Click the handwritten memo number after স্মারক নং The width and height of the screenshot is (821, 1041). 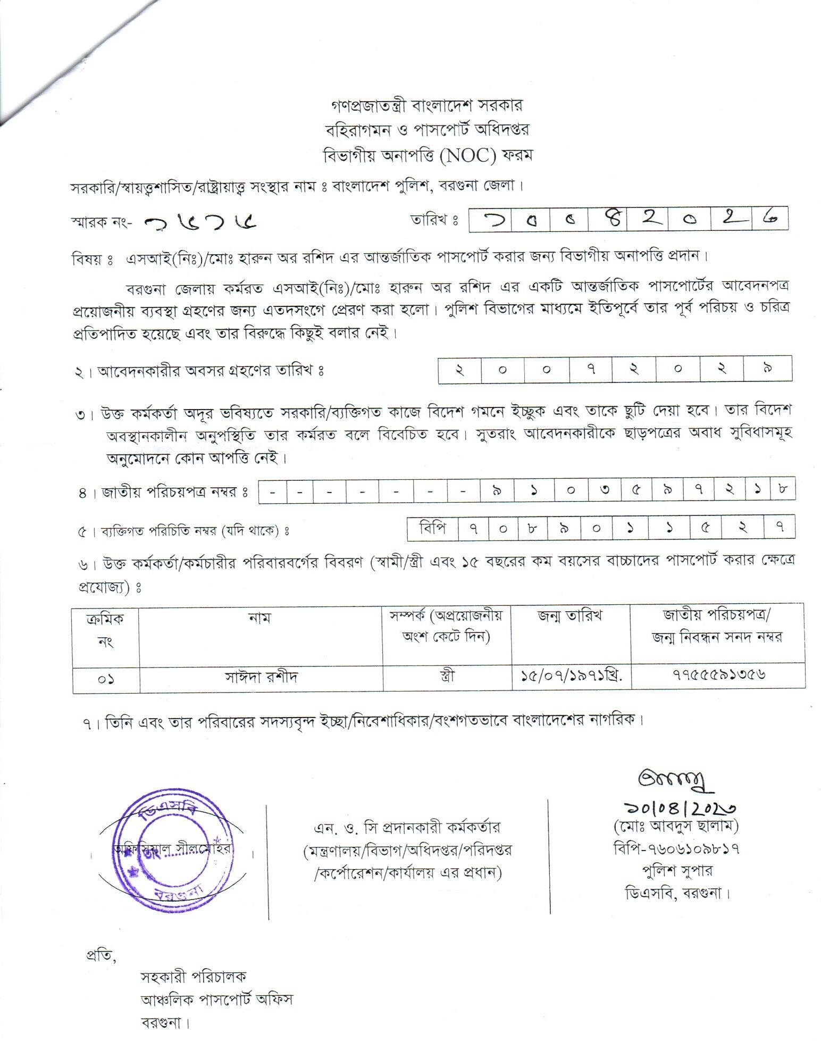[x=201, y=222]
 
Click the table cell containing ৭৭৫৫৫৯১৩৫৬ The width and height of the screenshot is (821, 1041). [x=718, y=676]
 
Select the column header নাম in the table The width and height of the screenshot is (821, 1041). [x=260, y=618]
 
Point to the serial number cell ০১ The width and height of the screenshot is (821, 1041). [x=106, y=679]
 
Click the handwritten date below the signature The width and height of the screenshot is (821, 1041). [x=678, y=809]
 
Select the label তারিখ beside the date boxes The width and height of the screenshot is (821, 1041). [x=434, y=220]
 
